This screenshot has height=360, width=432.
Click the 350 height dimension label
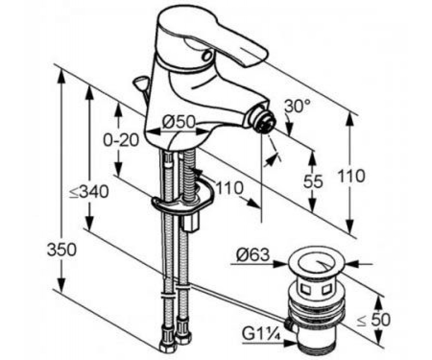62,249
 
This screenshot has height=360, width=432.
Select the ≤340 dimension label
89,192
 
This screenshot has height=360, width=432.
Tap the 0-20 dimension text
121,140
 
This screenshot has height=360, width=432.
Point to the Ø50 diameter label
178,122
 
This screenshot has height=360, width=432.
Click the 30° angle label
297,106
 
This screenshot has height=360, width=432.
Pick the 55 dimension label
313,181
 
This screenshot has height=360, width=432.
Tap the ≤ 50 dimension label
373,320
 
